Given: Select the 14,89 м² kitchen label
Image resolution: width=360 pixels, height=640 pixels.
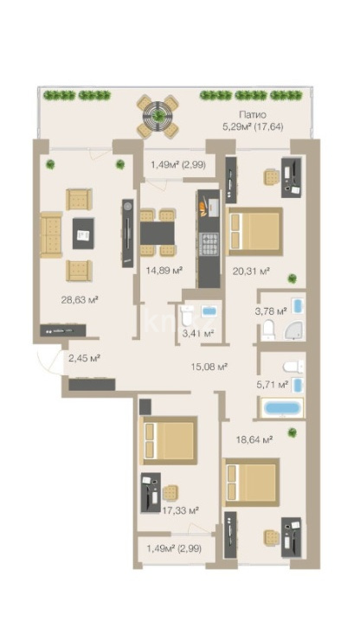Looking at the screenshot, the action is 164,270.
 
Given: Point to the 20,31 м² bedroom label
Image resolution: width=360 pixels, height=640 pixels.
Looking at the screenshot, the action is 251,270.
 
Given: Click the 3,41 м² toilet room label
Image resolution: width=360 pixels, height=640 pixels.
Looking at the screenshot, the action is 198,334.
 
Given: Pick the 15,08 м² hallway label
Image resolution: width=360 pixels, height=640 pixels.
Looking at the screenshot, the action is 209,367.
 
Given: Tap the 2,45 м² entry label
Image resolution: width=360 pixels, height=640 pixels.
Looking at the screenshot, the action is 85,358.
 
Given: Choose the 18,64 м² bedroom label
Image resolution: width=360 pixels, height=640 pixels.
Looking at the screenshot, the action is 254,439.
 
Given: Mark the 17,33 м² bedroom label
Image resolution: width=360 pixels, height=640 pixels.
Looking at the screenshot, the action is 180,509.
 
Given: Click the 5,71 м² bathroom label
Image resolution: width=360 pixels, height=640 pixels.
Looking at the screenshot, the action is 272,384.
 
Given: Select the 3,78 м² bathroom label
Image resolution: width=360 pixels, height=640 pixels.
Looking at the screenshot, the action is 271,311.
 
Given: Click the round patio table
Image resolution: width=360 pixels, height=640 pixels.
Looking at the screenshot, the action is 157,116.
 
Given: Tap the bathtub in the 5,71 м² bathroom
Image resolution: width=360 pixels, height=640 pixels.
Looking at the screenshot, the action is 282,407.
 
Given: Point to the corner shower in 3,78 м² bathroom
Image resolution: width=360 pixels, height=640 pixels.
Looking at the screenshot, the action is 294,329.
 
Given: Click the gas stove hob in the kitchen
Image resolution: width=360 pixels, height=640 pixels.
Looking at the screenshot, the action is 209,244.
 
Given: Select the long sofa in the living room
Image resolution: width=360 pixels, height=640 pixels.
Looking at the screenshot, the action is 51,234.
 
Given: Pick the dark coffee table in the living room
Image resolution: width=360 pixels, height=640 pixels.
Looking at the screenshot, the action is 83,234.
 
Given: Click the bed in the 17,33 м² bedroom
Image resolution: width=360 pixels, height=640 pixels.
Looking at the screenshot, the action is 169,440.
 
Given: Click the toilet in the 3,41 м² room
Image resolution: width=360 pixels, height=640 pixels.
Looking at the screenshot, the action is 188,317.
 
